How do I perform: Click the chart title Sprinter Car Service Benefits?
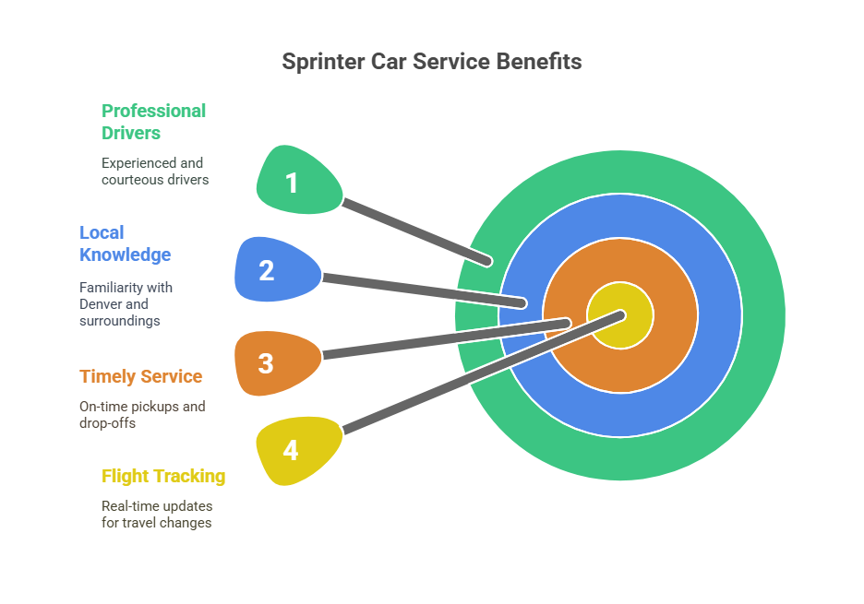pos(431,62)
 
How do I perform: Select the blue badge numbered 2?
pos(270,270)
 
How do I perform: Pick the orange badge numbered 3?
pos(269,362)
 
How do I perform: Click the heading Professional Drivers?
pos(153,122)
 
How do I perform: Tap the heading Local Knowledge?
pos(125,243)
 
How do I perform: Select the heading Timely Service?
pos(140,376)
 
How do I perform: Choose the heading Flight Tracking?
pos(163,476)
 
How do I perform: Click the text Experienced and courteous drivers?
pos(154,171)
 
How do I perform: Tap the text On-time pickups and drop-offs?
pos(142,414)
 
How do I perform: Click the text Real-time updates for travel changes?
pos(156,514)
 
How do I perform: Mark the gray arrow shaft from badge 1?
pos(415,230)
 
